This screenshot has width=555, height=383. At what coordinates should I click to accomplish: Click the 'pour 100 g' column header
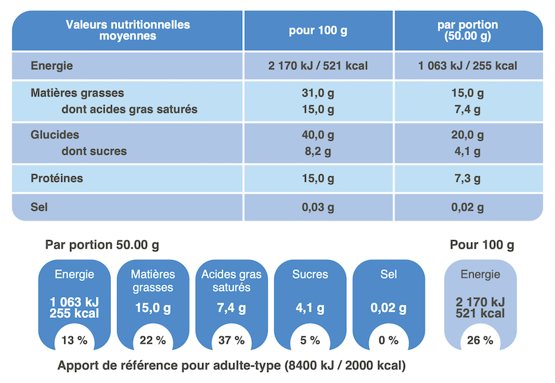(318, 31)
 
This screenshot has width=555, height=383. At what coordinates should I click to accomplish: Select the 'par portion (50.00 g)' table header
(468, 31)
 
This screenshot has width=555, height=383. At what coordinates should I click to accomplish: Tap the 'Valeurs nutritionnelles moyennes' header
(128, 31)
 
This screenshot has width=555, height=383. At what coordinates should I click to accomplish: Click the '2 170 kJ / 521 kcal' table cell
(318, 67)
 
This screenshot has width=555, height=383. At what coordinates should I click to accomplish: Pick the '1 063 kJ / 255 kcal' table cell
(468, 67)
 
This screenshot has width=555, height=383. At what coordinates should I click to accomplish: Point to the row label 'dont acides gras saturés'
(130, 109)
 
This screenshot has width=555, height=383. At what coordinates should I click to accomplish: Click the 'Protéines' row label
(57, 178)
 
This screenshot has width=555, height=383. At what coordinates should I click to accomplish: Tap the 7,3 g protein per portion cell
(468, 178)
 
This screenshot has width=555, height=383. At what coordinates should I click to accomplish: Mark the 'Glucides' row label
(55, 135)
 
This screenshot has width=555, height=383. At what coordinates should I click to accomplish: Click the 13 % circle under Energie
(74, 340)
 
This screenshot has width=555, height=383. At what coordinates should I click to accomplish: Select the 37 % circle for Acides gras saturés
(232, 340)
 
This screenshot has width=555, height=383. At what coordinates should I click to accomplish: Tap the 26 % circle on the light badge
(480, 340)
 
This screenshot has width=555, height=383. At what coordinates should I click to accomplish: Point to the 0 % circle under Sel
(388, 340)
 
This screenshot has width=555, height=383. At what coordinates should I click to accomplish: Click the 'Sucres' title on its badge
(310, 275)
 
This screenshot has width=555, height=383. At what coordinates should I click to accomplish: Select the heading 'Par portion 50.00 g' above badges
(102, 245)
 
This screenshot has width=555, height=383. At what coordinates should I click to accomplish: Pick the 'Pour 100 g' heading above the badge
(481, 245)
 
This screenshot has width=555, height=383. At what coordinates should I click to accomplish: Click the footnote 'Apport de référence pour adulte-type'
(232, 366)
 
